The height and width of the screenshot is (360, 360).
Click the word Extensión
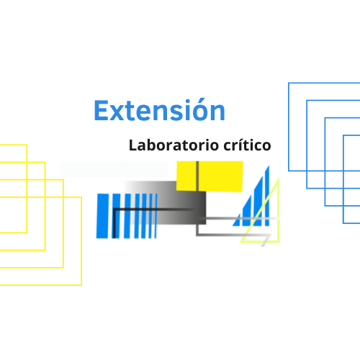click(x=159, y=110)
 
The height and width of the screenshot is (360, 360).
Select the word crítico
click(x=247, y=145)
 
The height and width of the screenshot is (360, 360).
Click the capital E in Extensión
click(x=101, y=110)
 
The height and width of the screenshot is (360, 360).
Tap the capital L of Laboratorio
click(x=133, y=145)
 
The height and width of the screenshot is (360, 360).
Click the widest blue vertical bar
click(x=102, y=216)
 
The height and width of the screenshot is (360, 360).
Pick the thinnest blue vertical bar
click(x=156, y=216)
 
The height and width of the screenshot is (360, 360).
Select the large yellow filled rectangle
click(x=210, y=176)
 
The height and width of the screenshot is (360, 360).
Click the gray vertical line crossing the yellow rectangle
click(x=197, y=176)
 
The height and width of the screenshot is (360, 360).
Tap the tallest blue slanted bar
click(x=267, y=197)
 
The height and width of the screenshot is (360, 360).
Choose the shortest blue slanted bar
click(x=237, y=221)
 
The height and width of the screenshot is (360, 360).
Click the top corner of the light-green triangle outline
click(x=279, y=179)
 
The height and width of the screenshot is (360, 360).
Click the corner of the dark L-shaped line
click(x=114, y=210)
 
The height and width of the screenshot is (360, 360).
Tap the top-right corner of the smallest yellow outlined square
click(x=27, y=145)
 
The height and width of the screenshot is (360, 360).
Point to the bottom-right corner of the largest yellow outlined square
click(x=81, y=285)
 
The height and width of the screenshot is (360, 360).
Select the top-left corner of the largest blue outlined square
click(x=289, y=83)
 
